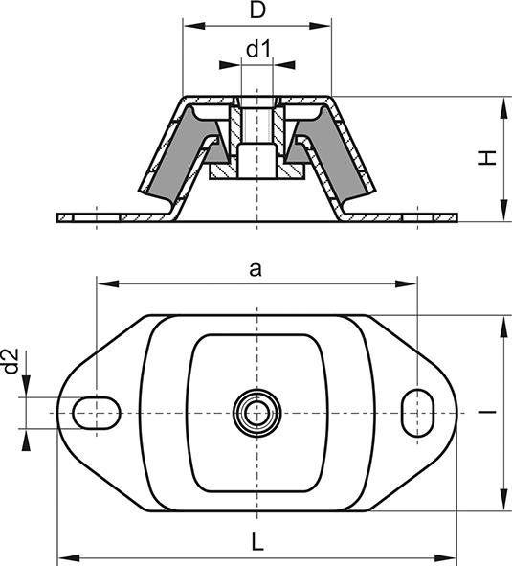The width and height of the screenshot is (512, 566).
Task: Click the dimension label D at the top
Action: pyautogui.click(x=256, y=11)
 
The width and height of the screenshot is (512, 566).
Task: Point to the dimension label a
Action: pyautogui.click(x=255, y=270)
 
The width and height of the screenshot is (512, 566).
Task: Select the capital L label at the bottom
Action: pyautogui.click(x=256, y=541)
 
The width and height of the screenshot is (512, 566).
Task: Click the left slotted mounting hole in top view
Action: pyautogui.click(x=97, y=411)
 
